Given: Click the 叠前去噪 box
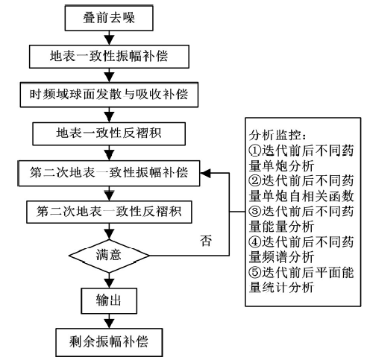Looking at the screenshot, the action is [x=109, y=18].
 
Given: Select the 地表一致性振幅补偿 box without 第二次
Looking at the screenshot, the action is [x=109, y=57].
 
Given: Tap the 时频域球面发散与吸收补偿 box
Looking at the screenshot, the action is [x=109, y=95].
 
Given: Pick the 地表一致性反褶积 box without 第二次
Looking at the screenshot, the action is [x=109, y=133].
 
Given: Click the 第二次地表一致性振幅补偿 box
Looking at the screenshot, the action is [x=109, y=173].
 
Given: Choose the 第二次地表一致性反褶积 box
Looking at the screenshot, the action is [x=109, y=212].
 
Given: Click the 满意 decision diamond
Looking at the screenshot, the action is [x=109, y=256].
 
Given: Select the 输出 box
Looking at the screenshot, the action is [x=109, y=300].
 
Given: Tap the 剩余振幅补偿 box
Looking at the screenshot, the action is [x=109, y=342].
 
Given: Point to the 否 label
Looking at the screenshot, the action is [x=206, y=241].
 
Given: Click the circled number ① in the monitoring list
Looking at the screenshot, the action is [x=255, y=151].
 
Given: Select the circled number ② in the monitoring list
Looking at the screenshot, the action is [x=255, y=180].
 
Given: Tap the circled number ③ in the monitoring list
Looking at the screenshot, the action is [x=255, y=212].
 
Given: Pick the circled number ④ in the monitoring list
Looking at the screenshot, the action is [x=255, y=241].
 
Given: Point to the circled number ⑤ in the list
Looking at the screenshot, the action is [x=255, y=272].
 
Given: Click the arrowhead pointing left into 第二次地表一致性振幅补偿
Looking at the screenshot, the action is [x=205, y=173].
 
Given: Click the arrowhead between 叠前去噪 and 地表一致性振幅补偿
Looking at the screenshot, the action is [x=109, y=40].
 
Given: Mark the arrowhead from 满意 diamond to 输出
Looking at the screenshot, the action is [x=109, y=283].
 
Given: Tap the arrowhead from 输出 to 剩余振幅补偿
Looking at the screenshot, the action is [x=109, y=323].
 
